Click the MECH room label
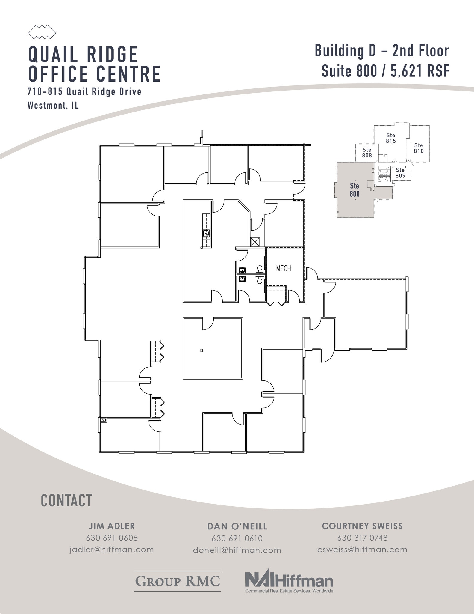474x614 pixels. click(x=283, y=268)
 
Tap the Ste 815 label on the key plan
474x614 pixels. click(x=391, y=138)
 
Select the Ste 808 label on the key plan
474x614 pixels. click(x=367, y=153)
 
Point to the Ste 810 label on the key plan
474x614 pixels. click(x=419, y=148)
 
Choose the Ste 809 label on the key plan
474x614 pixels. click(x=400, y=173)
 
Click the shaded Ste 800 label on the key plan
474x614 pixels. click(x=355, y=190)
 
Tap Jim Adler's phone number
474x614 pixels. click(x=112, y=538)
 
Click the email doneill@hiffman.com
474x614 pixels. click(x=237, y=550)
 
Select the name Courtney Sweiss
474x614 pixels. click(x=362, y=526)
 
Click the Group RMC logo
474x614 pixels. click(x=178, y=581)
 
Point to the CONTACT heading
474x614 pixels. click(x=66, y=501)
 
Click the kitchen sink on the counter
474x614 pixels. click(x=206, y=232)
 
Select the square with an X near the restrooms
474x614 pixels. click(x=255, y=242)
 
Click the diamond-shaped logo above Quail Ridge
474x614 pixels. click(x=42, y=32)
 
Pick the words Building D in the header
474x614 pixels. click(x=345, y=51)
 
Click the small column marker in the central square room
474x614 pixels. click(x=202, y=350)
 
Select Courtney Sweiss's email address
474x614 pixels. click(x=362, y=550)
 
